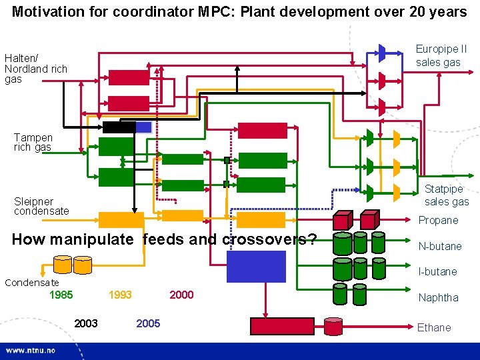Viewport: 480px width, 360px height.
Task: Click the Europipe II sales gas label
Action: (441, 55)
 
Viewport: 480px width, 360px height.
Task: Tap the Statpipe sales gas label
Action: (447, 195)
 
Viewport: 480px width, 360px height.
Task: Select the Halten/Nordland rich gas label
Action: (36, 69)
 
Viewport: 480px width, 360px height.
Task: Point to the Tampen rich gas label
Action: (33, 142)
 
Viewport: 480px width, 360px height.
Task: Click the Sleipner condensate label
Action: (41, 206)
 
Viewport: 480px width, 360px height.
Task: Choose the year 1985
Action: (61, 295)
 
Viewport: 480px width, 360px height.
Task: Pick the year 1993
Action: (120, 295)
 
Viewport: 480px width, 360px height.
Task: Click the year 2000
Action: (182, 295)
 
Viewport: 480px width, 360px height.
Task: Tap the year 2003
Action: (86, 323)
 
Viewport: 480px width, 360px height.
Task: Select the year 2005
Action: (148, 323)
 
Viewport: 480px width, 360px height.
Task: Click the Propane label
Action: (438, 220)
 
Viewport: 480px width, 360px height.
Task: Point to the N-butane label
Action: (439, 246)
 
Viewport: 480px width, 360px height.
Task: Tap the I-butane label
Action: (437, 271)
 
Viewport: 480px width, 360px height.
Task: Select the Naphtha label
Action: (438, 298)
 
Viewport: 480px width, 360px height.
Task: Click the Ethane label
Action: (434, 327)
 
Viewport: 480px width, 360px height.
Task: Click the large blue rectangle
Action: (256, 266)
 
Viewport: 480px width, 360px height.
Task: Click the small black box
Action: (119, 127)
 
